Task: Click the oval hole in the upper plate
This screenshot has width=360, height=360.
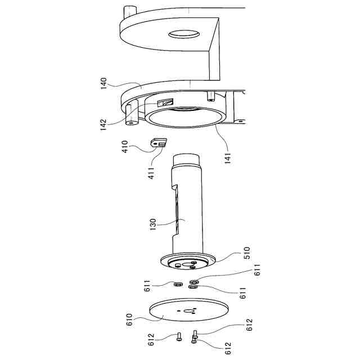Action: pos(184,35)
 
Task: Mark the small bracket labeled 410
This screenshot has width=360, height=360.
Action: pos(160,144)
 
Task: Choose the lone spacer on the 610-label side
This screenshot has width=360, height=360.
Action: pos(178,284)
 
